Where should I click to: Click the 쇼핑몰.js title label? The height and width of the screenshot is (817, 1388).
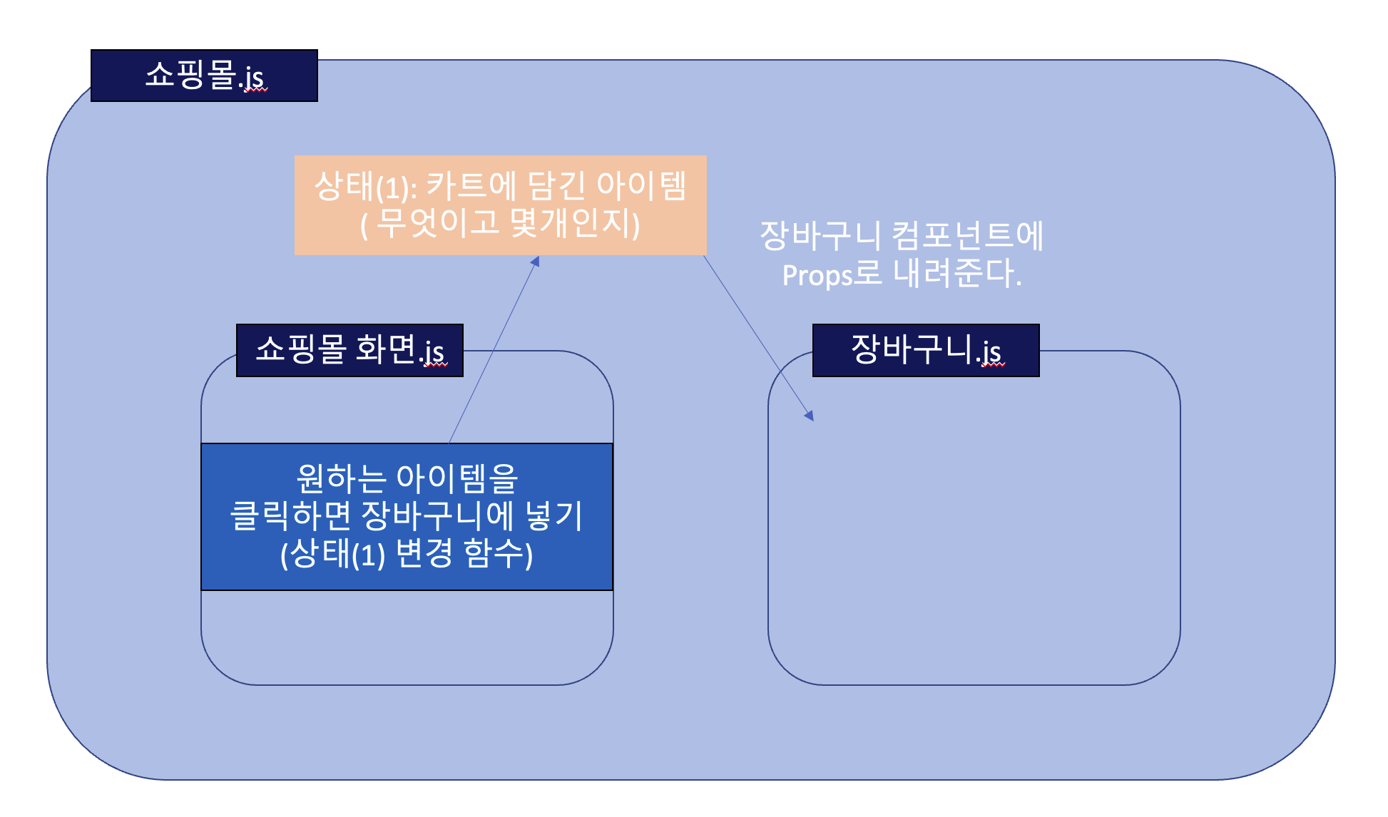204,76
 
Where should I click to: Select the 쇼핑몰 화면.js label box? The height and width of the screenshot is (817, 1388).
349,350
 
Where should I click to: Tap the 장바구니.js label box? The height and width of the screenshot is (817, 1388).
926,350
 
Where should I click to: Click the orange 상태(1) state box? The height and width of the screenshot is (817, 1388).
500,205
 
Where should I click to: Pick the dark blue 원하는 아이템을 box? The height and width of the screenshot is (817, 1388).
407,517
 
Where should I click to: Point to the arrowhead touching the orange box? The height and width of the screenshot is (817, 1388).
535,262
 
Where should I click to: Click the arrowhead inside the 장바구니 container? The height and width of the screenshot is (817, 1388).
809,415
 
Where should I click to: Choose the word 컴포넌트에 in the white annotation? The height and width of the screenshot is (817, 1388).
967,236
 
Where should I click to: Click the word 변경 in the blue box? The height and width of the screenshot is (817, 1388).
424,554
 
